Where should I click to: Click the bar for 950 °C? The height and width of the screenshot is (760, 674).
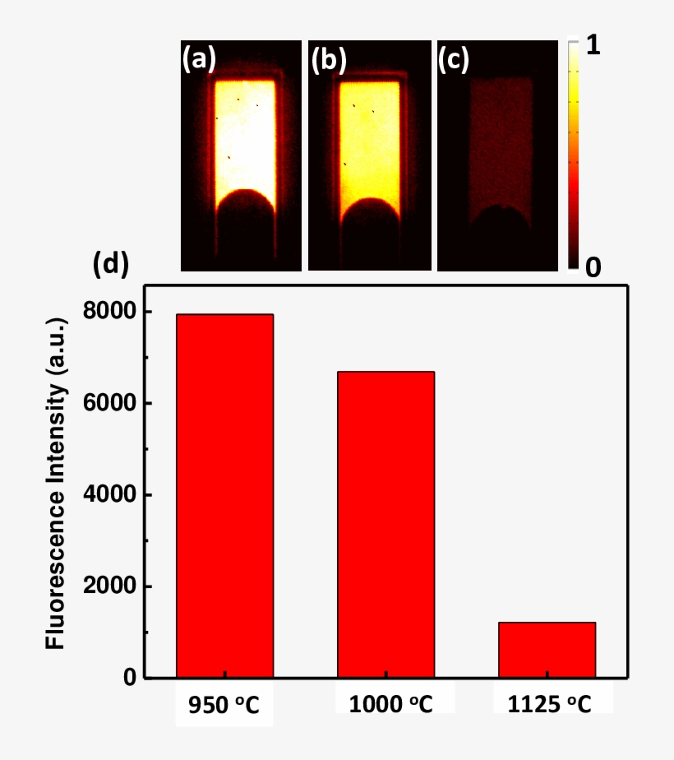pyautogui.click(x=224, y=496)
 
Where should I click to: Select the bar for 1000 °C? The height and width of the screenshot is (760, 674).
pyautogui.click(x=385, y=525)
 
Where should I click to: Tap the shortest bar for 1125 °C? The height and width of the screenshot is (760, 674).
pyautogui.click(x=547, y=650)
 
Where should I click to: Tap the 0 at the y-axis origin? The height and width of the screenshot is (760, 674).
pyautogui.click(x=129, y=678)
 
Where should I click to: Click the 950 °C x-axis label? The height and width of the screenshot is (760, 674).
pyautogui.click(x=224, y=705)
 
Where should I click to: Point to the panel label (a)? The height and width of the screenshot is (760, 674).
pyautogui.click(x=200, y=58)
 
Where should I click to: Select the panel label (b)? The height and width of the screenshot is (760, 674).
pyautogui.click(x=328, y=58)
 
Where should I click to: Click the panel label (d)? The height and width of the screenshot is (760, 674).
pyautogui.click(x=110, y=264)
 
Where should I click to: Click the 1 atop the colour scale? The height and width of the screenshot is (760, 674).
pyautogui.click(x=593, y=47)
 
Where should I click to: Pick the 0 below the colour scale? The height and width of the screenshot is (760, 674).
pyautogui.click(x=593, y=266)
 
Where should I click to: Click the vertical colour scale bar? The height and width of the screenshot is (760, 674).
pyautogui.click(x=574, y=156)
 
